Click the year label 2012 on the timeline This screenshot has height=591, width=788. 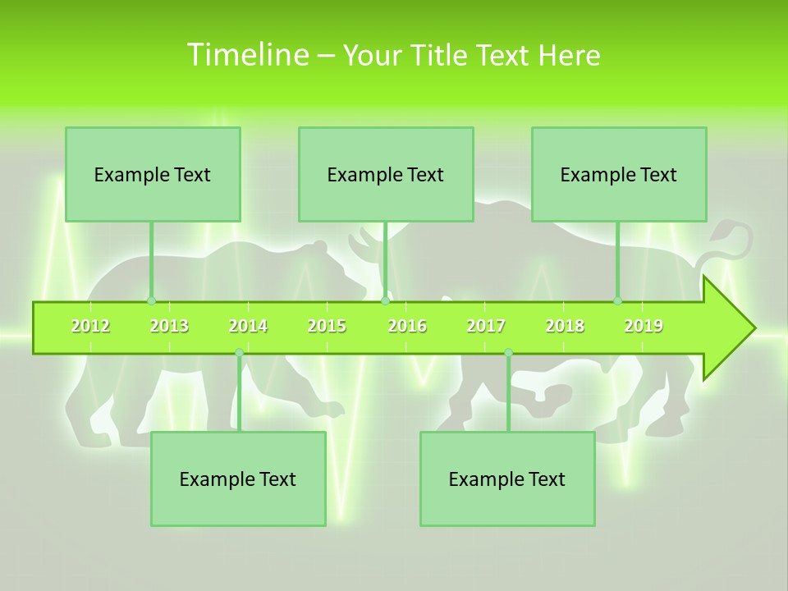click(x=90, y=326)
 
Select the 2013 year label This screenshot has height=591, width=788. click(x=169, y=326)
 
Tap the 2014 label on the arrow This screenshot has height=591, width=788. click(x=248, y=326)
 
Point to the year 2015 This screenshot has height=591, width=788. click(x=327, y=326)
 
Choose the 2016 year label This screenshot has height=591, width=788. click(x=407, y=326)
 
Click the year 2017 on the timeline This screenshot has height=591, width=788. click(x=486, y=326)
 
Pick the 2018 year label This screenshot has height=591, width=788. click(x=565, y=326)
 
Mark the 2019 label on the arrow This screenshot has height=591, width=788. click(x=644, y=326)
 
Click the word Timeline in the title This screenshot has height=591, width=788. click(x=246, y=55)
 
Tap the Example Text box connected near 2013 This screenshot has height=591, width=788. click(x=153, y=174)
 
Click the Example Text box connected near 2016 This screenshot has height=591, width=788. click(x=386, y=174)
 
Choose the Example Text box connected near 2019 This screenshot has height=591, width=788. click(x=619, y=174)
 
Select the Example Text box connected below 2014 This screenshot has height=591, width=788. click(x=238, y=479)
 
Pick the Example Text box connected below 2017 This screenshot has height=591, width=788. click(x=507, y=479)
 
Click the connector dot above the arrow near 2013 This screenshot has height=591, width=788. click(x=151, y=301)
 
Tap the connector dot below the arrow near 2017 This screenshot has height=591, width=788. click(x=508, y=353)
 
